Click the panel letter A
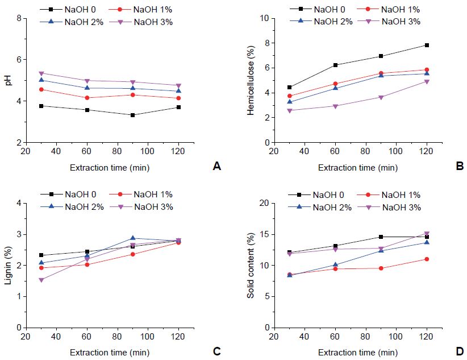pos(215,166)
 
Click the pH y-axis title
pos(8,80)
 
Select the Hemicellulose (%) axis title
pos(251,80)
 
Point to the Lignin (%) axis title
pos(8,266)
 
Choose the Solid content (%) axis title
pos(251,266)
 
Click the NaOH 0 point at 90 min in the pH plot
pos(132,115)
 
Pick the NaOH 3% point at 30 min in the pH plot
pos(41,73)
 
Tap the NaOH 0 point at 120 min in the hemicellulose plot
pos(427,45)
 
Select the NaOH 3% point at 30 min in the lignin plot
pos(41,280)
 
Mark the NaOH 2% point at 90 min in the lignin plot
pos(132,238)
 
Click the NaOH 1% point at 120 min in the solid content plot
pos(427,259)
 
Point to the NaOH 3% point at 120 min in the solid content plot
pos(427,234)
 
